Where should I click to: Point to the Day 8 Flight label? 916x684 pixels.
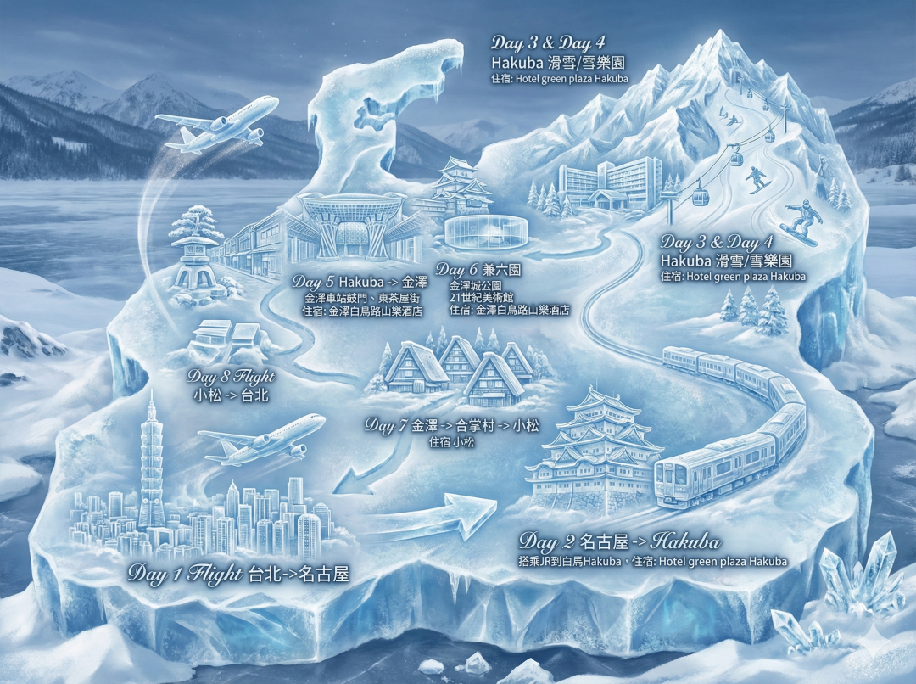pos(233,376)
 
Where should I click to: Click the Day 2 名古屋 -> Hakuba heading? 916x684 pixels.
pos(619,541)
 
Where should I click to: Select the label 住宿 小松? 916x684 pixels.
pos(451,442)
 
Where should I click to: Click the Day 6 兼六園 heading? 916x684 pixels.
pos(478,269)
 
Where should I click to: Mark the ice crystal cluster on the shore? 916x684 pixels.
pos(857,577)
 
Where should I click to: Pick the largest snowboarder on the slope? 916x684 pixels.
pos(801,223)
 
